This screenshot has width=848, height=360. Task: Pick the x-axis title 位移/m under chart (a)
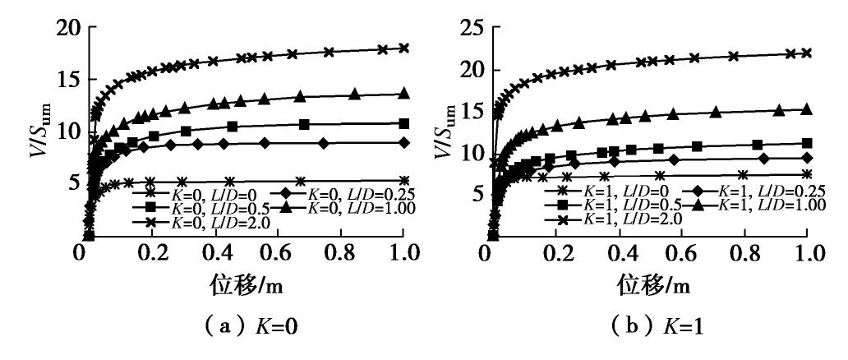[243, 288]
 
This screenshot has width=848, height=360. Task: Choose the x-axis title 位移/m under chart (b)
[649, 288]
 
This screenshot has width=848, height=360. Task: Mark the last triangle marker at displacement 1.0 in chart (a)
[403, 94]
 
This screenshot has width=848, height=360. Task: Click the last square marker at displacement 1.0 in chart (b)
[807, 143]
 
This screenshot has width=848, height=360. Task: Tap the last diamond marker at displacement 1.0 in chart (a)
[403, 142]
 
